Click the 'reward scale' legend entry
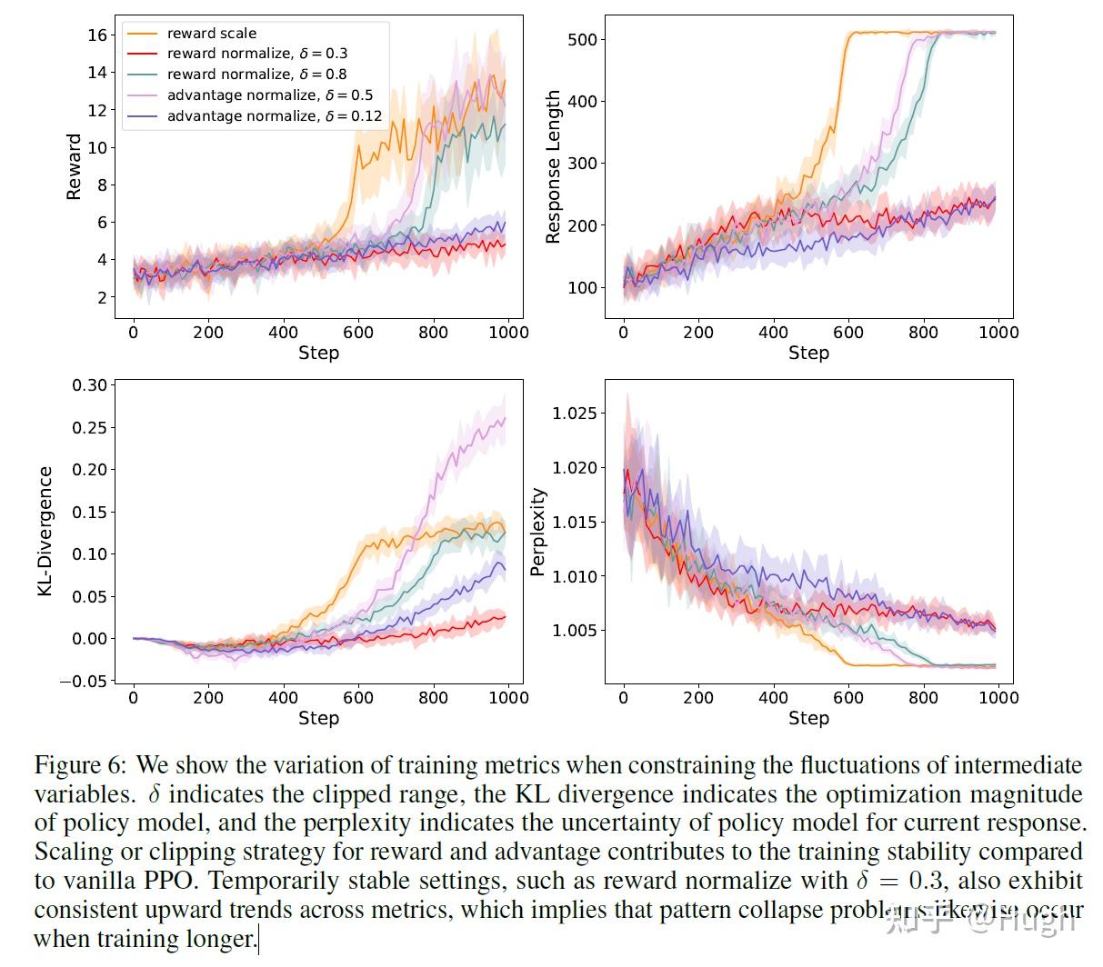211,33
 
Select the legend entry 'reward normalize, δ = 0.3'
256,54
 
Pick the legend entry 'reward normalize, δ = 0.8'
256,75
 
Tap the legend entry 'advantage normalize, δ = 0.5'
269,95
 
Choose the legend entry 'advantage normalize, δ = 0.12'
274,116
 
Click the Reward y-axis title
74,166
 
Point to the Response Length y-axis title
553,167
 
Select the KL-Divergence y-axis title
45,532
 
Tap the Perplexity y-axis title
538,532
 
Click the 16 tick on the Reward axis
97,35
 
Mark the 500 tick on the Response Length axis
581,40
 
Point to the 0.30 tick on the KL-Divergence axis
89,385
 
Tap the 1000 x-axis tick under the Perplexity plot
998,698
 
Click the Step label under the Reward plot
318,353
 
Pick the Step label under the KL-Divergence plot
318,718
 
